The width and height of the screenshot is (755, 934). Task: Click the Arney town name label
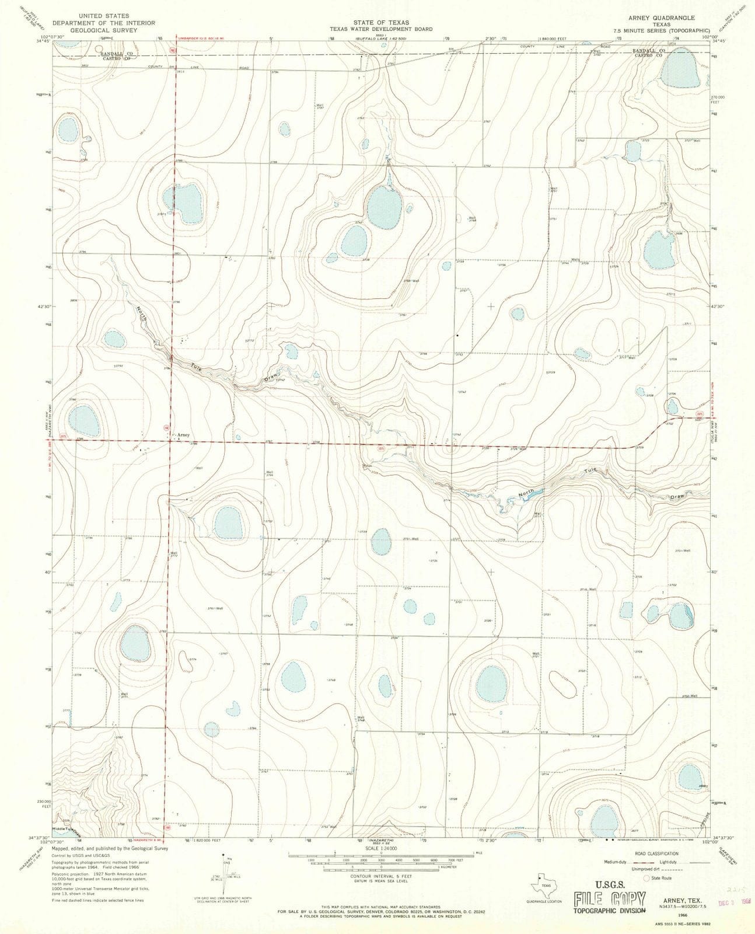click(184, 435)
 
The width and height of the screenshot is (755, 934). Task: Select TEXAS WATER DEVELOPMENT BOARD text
click(380, 29)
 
